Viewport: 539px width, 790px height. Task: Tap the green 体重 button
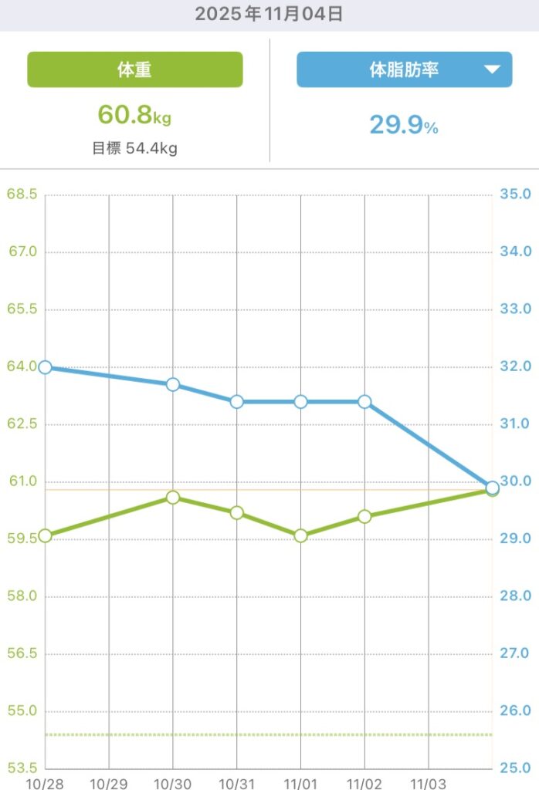tap(135, 69)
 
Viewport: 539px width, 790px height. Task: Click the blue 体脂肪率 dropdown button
tap(404, 69)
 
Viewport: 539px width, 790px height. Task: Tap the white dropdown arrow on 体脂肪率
tap(492, 69)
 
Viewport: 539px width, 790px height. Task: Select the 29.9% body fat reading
tap(404, 124)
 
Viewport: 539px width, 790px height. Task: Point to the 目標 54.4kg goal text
tap(134, 148)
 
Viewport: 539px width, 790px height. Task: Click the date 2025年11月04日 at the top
tap(269, 14)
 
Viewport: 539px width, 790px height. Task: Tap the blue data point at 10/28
tap(45, 367)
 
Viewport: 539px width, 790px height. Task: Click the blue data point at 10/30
tap(173, 384)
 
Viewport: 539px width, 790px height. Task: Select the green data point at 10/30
tap(173, 498)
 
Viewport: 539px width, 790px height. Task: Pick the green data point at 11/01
tap(301, 535)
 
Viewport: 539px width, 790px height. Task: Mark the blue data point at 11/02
tap(364, 401)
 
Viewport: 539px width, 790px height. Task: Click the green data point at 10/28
tap(45, 535)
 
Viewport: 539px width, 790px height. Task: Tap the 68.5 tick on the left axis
tap(22, 194)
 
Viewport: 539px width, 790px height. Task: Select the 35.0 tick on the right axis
tap(515, 194)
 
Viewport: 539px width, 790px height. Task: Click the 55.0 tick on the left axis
tap(22, 711)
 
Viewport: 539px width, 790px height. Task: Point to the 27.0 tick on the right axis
tap(515, 653)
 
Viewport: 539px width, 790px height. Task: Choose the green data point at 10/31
tap(237, 513)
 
